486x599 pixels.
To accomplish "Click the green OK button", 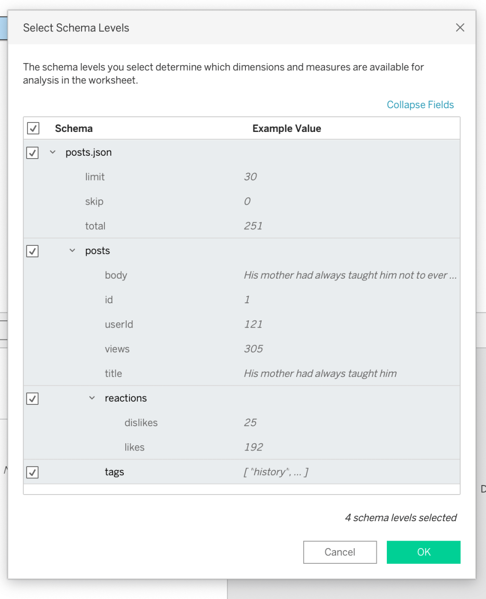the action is (x=423, y=552).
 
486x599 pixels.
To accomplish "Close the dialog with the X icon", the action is (x=460, y=28).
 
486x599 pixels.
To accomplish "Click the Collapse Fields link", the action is (x=420, y=105).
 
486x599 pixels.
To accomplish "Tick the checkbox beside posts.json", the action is (x=33, y=153).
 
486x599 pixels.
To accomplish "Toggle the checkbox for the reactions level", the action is (x=33, y=399).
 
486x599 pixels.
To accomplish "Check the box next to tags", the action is (x=33, y=472).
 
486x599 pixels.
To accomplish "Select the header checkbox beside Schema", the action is (x=33, y=128).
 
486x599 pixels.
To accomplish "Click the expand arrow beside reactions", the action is (x=92, y=398).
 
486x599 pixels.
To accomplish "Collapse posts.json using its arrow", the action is (x=53, y=152).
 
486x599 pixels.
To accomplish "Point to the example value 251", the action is (x=253, y=226).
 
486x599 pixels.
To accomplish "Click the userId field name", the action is (x=119, y=324).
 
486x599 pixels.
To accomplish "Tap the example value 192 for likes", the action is (x=253, y=447).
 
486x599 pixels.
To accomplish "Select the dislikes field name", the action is (x=141, y=422).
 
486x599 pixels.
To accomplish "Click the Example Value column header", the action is (x=287, y=129).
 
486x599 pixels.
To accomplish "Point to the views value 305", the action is (x=253, y=349).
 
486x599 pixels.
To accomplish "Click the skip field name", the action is (x=94, y=201).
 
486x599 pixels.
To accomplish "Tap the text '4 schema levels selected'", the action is (x=401, y=518).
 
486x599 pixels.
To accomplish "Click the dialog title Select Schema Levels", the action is (x=76, y=28).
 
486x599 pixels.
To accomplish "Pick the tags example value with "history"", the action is (x=276, y=472).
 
